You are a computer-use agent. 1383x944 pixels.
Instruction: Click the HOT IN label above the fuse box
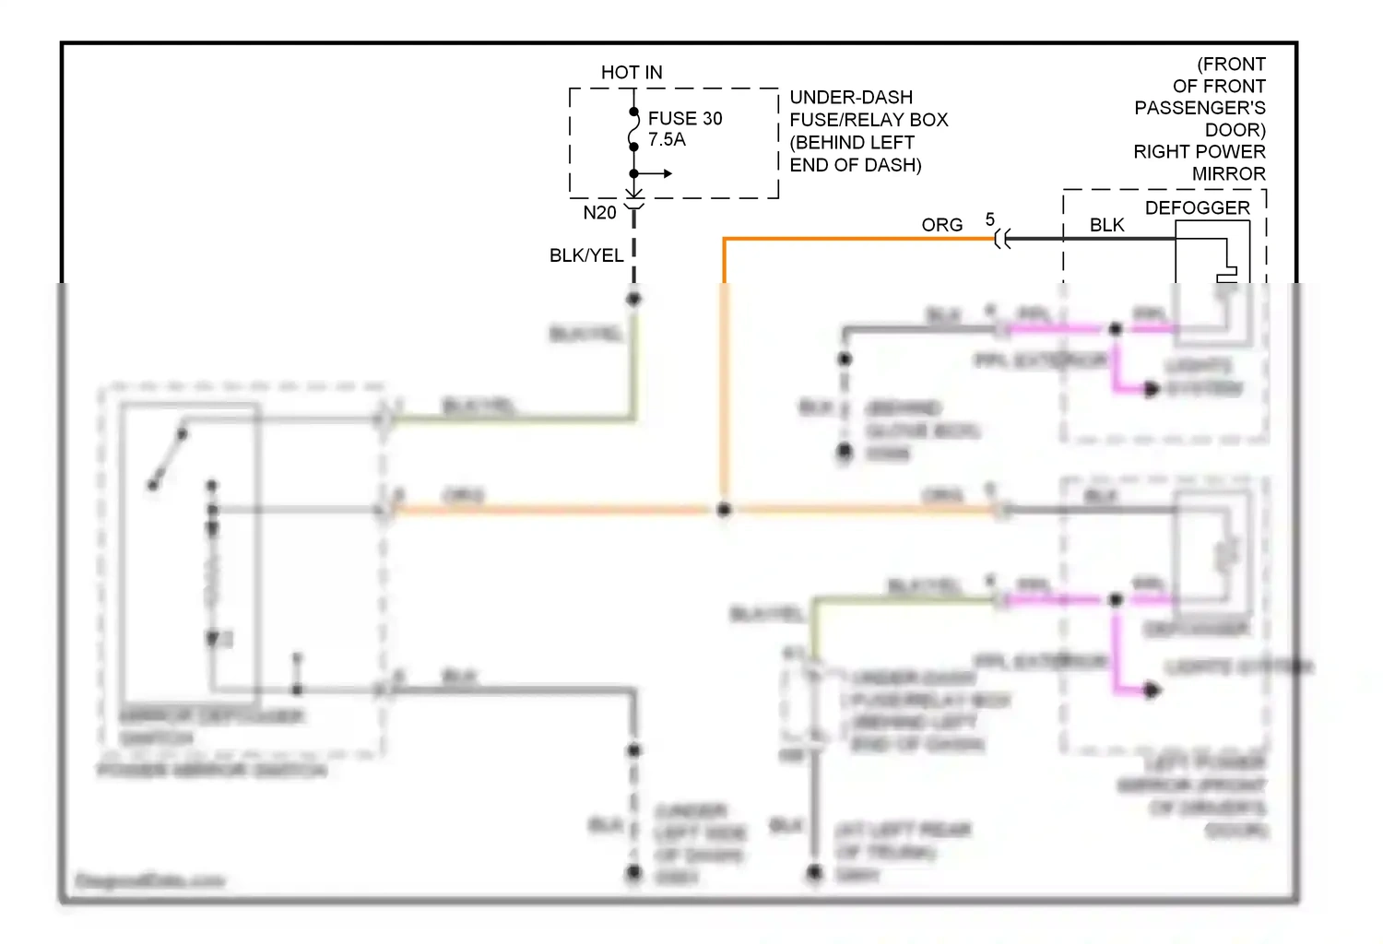click(632, 72)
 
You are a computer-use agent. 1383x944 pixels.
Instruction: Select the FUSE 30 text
click(685, 118)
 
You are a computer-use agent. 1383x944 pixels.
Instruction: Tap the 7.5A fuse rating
click(667, 140)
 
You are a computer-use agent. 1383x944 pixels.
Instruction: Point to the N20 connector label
click(599, 213)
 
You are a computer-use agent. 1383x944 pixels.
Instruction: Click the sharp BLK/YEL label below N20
click(586, 255)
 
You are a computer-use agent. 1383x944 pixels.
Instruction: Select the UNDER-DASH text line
click(851, 98)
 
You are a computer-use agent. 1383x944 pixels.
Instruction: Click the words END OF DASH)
click(856, 165)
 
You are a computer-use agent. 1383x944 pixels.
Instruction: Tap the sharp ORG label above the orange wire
click(941, 225)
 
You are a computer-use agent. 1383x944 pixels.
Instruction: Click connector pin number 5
click(990, 219)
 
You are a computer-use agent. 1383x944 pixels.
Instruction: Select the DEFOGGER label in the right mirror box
click(1197, 208)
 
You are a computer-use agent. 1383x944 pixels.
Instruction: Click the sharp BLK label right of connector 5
click(1106, 225)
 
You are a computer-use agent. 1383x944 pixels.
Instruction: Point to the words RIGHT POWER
click(1199, 152)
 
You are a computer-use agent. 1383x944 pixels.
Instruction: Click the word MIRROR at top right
click(1228, 174)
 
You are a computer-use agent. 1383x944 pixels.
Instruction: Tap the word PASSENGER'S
click(1200, 108)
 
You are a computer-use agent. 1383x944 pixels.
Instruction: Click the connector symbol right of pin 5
click(1003, 240)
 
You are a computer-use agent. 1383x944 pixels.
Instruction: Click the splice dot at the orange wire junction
click(725, 509)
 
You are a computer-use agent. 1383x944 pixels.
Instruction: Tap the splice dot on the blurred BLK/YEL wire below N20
click(633, 299)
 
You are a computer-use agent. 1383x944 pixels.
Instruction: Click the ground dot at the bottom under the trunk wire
click(814, 871)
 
